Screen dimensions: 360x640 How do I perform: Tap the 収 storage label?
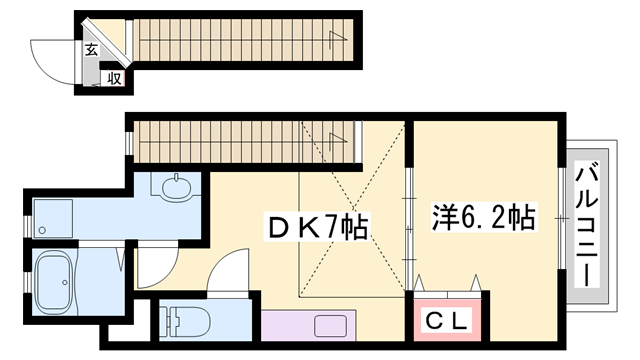pos(114,77)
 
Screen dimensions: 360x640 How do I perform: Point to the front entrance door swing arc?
pos(53,54)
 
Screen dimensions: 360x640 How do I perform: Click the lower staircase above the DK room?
pos(245,139)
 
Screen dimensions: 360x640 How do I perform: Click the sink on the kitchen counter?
pos(331,324)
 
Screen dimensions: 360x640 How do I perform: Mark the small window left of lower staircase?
pos(129,141)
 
